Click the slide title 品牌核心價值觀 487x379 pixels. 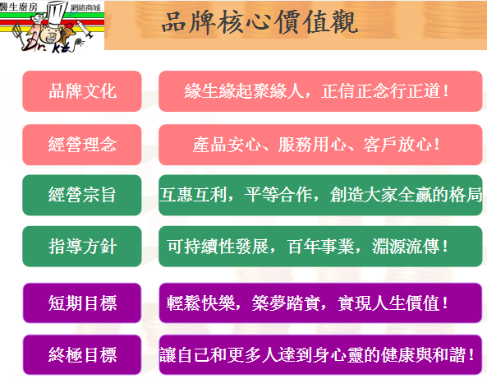(x=260, y=21)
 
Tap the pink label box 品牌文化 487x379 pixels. (x=82, y=91)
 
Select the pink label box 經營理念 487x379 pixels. (x=82, y=145)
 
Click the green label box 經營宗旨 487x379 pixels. (x=82, y=195)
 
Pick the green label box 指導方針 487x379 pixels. (x=82, y=247)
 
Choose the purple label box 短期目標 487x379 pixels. (x=82, y=303)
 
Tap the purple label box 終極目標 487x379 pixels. (x=82, y=354)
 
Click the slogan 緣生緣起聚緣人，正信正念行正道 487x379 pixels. (x=316, y=91)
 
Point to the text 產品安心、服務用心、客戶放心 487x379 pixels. (x=316, y=145)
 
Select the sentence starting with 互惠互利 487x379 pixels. (x=320, y=195)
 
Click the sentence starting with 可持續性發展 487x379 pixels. (x=307, y=247)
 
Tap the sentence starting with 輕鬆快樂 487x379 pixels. (x=307, y=303)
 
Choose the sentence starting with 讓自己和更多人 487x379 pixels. (x=317, y=355)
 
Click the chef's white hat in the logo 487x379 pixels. (x=57, y=14)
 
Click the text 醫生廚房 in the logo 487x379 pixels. (x=19, y=7)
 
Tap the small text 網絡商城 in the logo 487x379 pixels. (x=85, y=7)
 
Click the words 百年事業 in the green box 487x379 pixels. (x=321, y=247)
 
